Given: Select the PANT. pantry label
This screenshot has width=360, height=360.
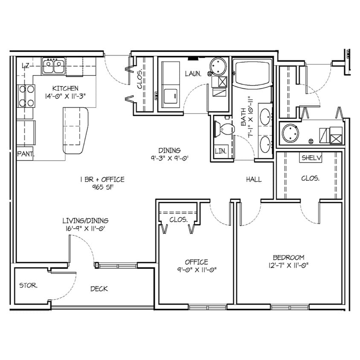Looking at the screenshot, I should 25,154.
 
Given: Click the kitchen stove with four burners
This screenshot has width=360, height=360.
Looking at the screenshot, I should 26,96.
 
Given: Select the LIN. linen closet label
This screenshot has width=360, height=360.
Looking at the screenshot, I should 221,151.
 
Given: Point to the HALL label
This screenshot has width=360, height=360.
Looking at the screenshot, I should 253,180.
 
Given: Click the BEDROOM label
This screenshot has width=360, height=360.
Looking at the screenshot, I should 288,257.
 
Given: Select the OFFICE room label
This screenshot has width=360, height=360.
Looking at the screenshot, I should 196,262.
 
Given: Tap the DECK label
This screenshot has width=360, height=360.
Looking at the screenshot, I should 99,289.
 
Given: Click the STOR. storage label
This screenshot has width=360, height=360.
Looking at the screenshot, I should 28,285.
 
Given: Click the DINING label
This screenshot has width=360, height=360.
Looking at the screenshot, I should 169,150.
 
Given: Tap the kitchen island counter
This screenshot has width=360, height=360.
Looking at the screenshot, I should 75,131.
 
